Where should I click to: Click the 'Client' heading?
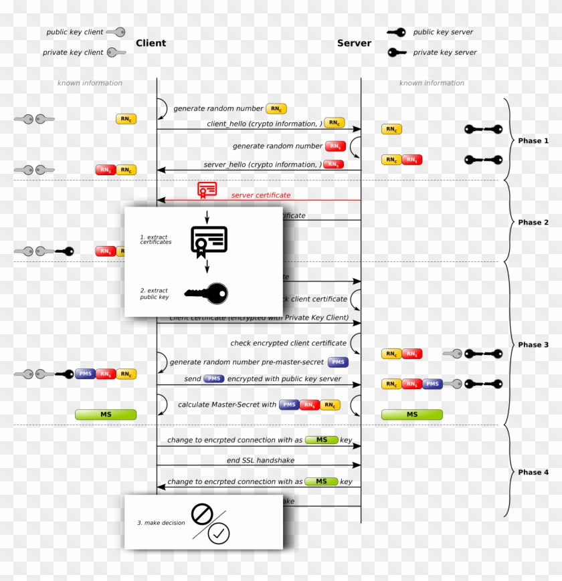coord(151,43)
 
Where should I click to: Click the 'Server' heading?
coord(354,43)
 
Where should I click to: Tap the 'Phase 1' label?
coord(533,141)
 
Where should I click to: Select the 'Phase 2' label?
coord(533,223)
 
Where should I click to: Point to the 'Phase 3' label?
coord(533,345)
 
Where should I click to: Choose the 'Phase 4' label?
coord(533,472)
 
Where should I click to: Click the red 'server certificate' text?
coord(261,195)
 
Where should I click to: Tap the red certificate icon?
coord(207,190)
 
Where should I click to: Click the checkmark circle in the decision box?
coord(219,533)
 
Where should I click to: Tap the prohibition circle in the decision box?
coord(201,513)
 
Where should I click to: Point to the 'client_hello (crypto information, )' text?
coord(262,124)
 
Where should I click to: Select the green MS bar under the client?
coord(106,415)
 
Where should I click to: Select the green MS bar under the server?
coord(411,415)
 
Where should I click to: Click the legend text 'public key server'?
coord(443,32)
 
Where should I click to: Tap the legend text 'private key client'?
coord(73,52)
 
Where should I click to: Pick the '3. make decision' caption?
coord(161,523)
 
